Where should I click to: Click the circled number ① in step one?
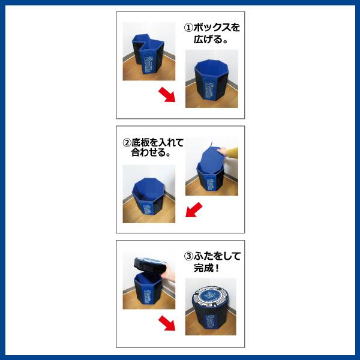pos(188,28)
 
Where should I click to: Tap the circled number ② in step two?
pos(127,143)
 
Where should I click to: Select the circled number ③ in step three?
pos(187,256)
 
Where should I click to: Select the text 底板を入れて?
pos(157,143)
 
